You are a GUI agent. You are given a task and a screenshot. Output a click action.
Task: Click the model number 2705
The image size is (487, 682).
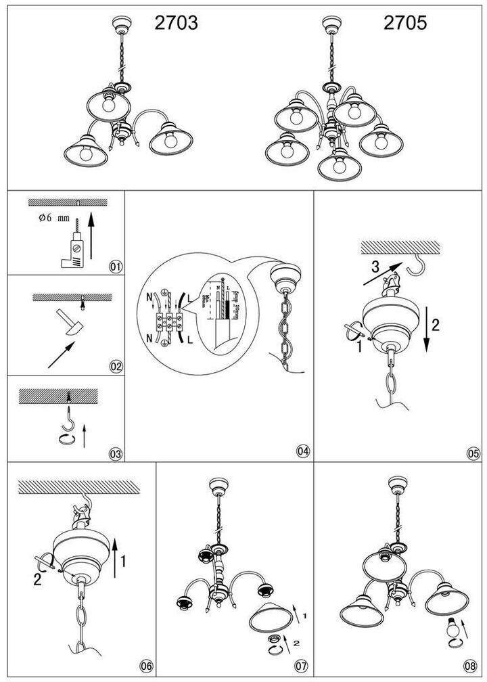pyautogui.click(x=405, y=24)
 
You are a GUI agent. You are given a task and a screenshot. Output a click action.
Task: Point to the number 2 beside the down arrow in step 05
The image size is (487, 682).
pyautogui.click(x=436, y=324)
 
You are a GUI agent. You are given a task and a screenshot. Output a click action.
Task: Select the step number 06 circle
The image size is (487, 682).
pyautogui.click(x=145, y=666)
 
